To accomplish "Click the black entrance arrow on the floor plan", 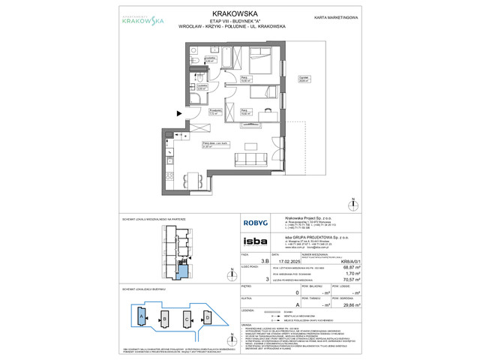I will pyautogui.click(x=178, y=114).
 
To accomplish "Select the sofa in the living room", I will pyautogui.click(x=247, y=159).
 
